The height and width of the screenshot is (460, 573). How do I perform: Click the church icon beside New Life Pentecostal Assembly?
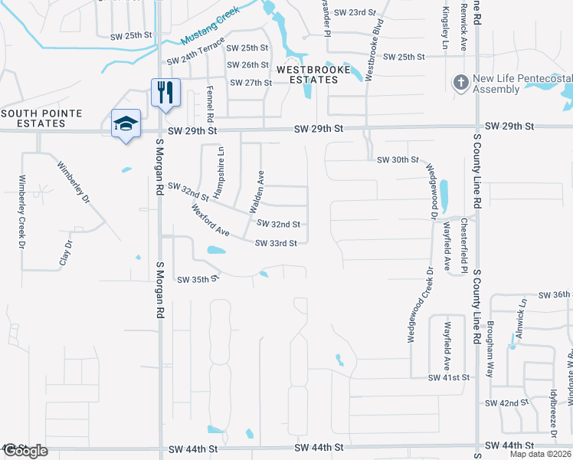(460, 82)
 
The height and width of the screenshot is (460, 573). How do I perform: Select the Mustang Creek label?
(210, 28)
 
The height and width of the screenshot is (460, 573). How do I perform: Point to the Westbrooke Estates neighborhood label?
(307, 74)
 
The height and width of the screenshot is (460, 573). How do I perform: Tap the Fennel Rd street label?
(209, 100)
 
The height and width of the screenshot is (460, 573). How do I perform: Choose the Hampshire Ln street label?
(221, 173)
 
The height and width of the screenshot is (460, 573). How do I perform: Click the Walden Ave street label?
(255, 192)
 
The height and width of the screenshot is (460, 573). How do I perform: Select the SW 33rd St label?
(276, 244)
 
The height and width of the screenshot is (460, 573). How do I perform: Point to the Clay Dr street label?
(67, 253)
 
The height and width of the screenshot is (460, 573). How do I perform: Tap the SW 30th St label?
(398, 159)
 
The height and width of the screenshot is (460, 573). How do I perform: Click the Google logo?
(25, 451)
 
